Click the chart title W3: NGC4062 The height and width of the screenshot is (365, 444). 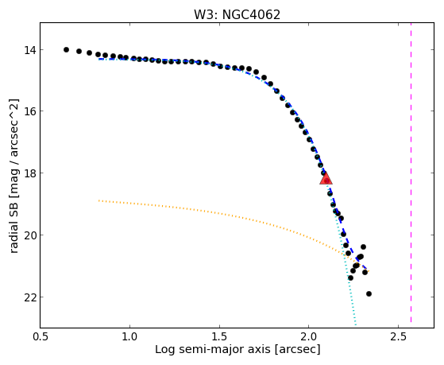tap(237, 15)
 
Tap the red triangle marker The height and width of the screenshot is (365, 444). tap(326, 179)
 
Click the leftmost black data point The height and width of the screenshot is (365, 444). tap(66, 49)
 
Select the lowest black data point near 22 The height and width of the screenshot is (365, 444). tap(369, 293)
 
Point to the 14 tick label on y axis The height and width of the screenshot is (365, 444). tap(29, 50)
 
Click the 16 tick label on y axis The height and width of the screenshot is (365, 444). tap(29, 111)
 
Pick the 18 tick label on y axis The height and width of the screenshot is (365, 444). tap(29, 173)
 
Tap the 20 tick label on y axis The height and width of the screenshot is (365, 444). tap(29, 235)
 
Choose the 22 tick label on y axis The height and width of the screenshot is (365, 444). tap(29, 297)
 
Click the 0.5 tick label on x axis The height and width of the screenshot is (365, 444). tap(41, 336)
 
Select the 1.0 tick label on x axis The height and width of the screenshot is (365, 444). tap(129, 336)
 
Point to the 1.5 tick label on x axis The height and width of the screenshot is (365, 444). tap(219, 336)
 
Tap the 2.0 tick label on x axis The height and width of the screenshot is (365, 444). tap(309, 336)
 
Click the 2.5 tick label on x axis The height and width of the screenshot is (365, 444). tap(398, 336)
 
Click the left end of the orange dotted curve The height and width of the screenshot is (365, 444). tap(98, 200)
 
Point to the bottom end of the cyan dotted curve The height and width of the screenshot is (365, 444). tap(356, 325)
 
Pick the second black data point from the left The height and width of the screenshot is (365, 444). tap(79, 52)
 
